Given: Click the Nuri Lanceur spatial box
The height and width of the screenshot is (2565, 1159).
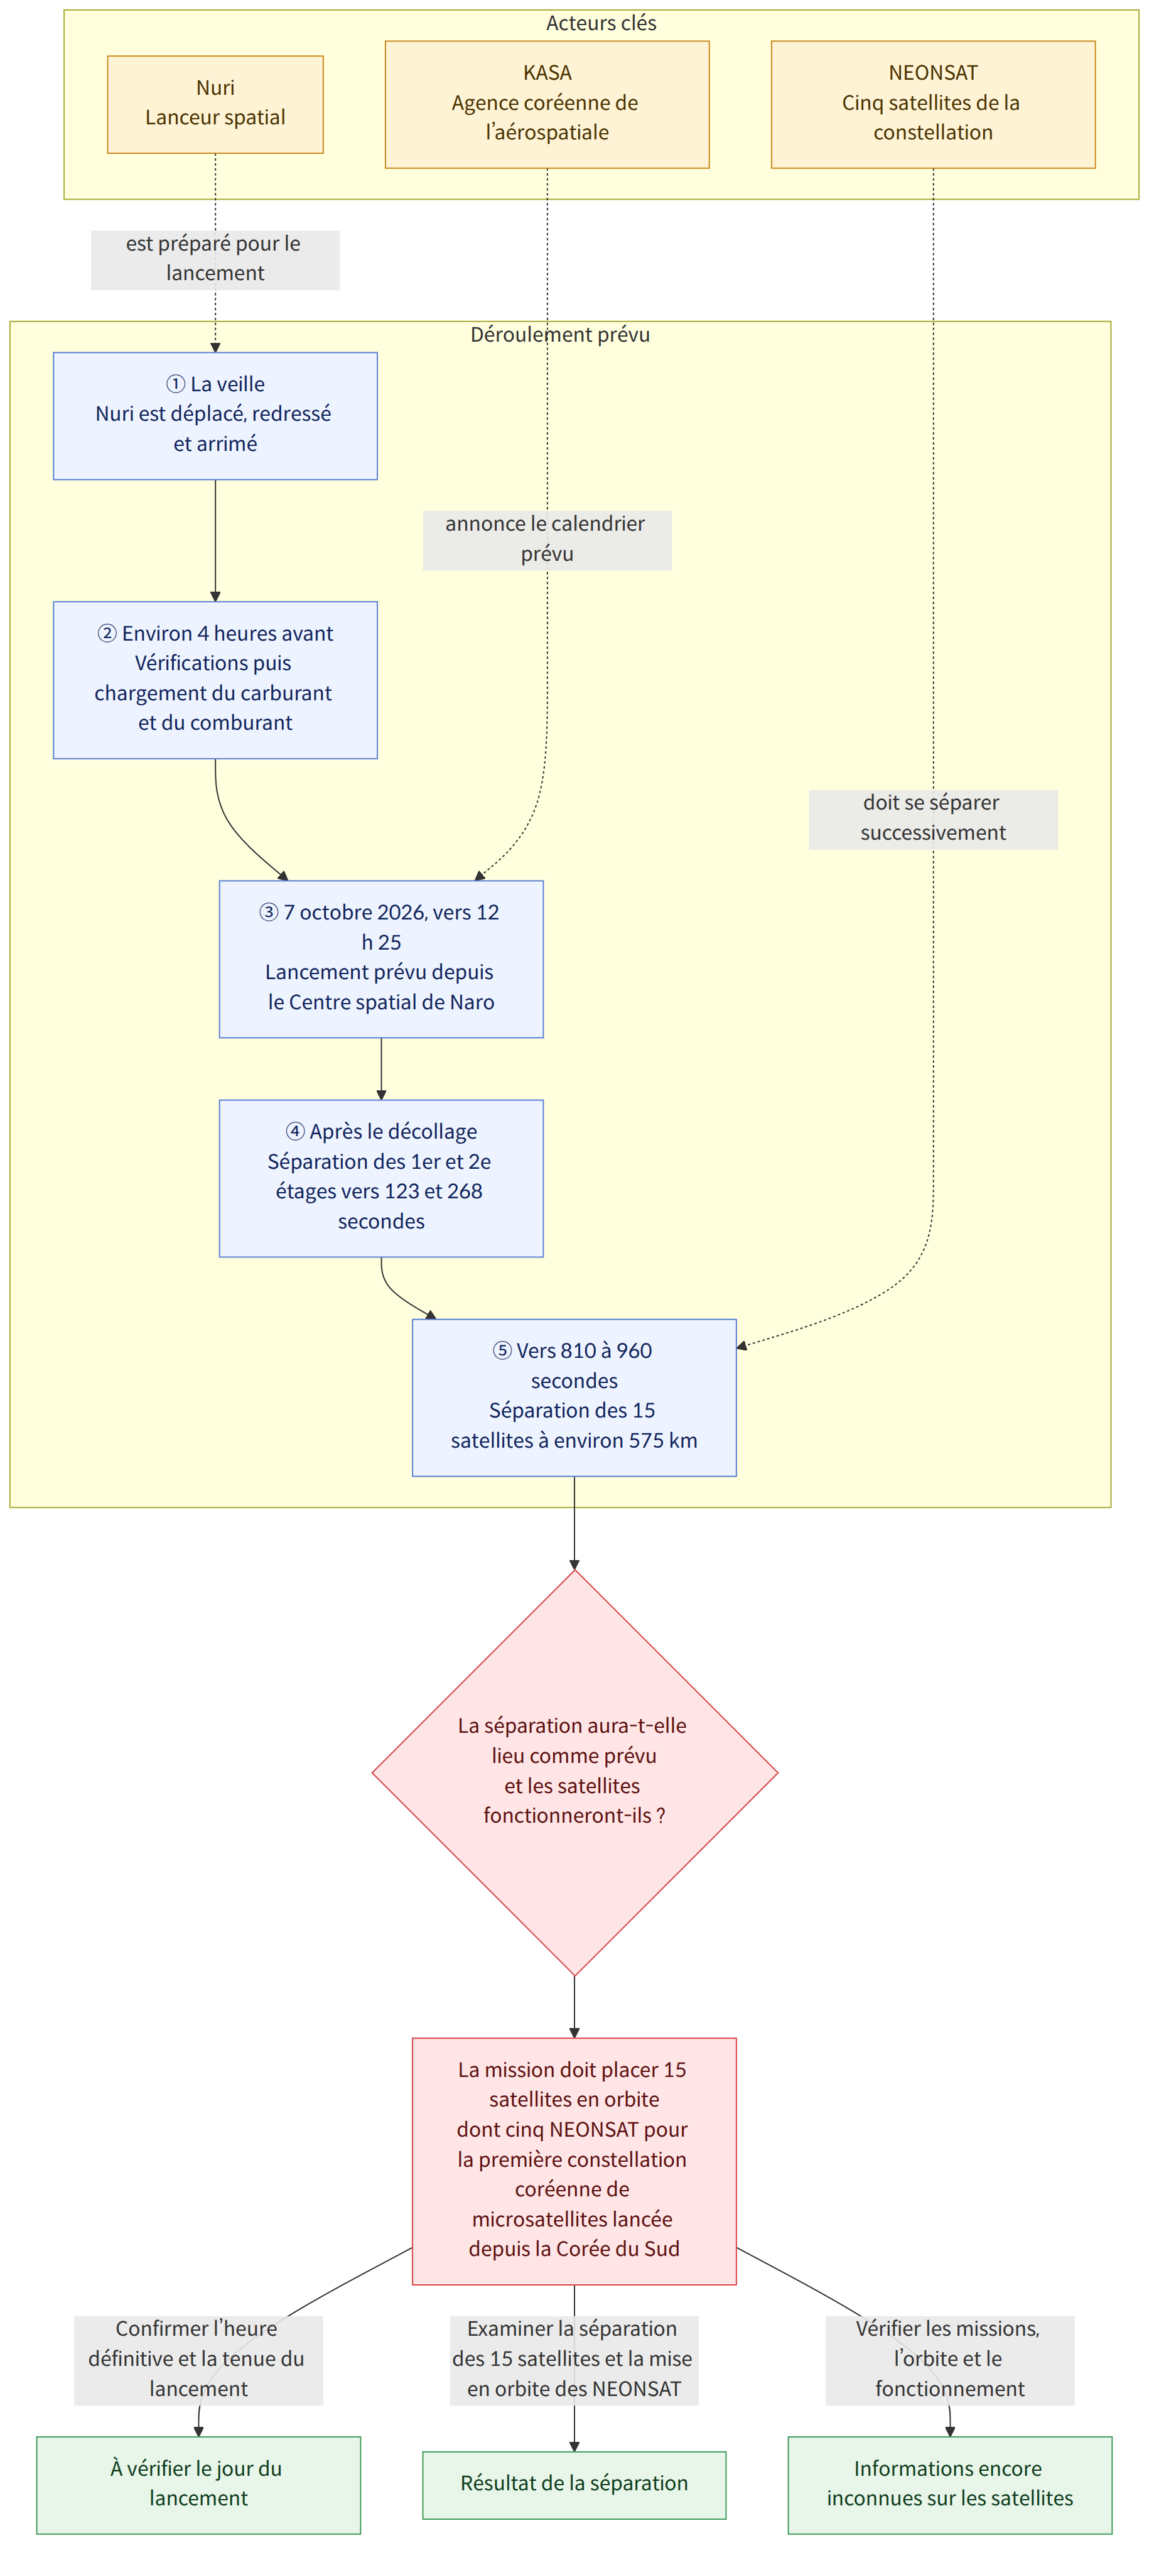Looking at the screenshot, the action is (215, 104).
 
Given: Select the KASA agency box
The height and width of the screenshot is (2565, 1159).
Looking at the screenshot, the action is (547, 104).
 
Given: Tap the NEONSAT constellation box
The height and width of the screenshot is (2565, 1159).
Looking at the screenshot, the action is (933, 104).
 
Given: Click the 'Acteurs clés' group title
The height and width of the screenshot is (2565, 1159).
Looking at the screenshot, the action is (601, 23).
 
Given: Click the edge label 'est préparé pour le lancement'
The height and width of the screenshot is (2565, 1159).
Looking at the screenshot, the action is (215, 259).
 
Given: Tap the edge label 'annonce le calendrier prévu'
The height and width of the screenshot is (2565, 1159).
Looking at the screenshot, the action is (547, 540).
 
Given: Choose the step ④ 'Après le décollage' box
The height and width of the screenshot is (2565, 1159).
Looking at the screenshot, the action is (381, 1178).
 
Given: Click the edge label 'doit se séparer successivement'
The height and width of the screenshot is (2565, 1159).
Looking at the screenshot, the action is (933, 818).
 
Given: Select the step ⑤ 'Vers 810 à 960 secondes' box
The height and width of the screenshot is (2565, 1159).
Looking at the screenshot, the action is (574, 1397).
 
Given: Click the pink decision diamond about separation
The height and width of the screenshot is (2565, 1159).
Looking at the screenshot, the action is (574, 1772).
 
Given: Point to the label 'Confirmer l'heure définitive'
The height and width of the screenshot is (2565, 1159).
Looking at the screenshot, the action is (198, 2360).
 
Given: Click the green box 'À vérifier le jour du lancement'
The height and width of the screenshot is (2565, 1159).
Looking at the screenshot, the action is (198, 2485).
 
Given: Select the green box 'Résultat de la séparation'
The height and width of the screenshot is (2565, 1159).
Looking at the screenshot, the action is (574, 2485).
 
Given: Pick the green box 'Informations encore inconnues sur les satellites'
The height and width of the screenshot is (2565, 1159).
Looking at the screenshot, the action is (950, 2485).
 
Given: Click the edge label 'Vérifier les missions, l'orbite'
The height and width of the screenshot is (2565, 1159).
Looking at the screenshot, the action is (950, 2360).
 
